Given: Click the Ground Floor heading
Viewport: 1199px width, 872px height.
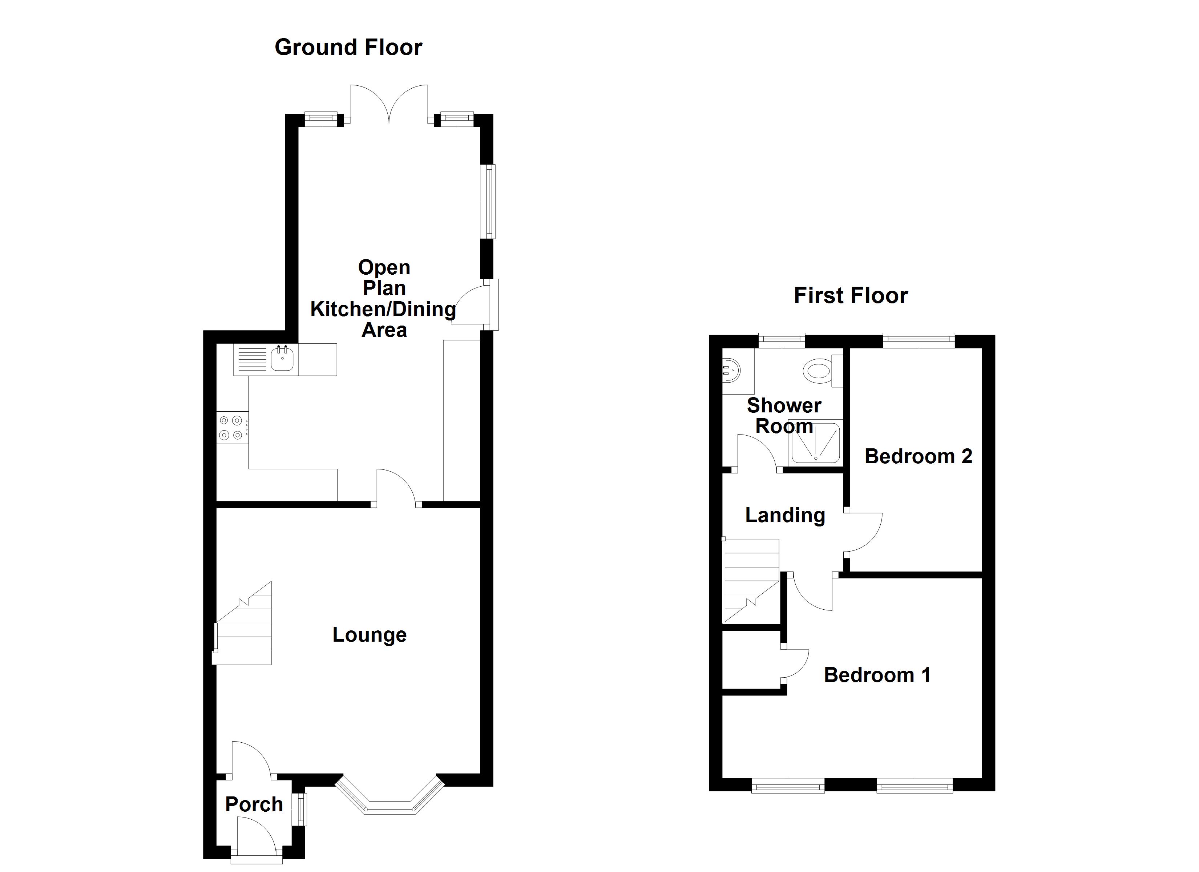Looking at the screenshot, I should point(348,48).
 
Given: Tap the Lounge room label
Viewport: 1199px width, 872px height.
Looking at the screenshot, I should point(370,635).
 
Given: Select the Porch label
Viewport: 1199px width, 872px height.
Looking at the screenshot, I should point(254,804).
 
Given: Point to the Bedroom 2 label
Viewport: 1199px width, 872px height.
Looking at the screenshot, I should point(918,456).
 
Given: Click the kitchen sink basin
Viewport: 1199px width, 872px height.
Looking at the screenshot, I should point(282,360).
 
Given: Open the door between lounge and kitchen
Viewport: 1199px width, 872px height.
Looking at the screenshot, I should point(396,487).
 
